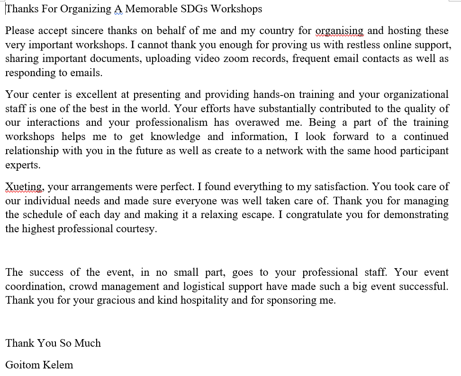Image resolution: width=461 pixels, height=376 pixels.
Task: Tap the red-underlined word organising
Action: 339,31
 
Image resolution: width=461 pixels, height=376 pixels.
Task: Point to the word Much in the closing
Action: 88,343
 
